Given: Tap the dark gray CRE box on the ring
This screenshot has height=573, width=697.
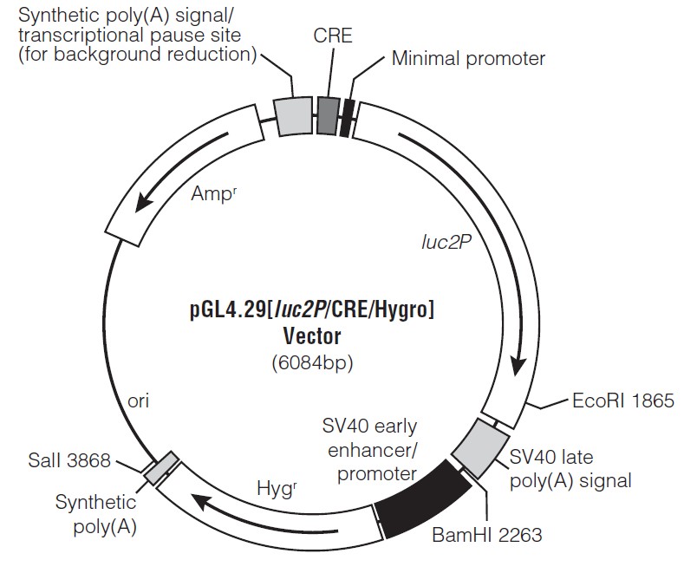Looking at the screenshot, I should pos(327,114).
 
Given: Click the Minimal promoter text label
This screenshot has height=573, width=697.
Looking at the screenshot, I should pos(468,59).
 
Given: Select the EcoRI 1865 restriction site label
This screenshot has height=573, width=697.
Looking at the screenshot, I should pos(623,401).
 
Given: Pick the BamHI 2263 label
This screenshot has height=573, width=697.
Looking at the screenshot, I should pos(486,535).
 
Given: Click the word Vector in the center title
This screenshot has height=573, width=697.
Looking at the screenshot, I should pos(312,335).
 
